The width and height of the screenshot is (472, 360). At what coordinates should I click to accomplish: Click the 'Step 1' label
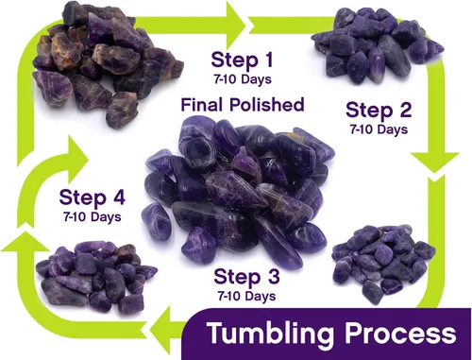[242, 60]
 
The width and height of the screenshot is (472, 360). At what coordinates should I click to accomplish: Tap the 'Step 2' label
[379, 110]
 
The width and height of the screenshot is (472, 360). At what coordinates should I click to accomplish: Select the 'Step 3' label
[246, 276]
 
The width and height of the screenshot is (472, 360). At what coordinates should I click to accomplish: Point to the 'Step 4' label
[92, 197]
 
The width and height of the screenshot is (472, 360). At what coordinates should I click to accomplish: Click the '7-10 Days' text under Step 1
[243, 79]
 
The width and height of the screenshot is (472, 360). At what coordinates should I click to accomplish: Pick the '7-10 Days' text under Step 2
[379, 129]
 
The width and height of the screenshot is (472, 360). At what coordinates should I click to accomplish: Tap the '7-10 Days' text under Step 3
[246, 296]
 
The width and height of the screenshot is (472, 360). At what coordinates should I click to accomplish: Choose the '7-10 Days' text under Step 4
[93, 217]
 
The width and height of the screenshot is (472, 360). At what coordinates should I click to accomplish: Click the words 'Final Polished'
[243, 105]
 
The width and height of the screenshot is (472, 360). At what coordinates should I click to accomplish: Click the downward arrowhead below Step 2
[435, 162]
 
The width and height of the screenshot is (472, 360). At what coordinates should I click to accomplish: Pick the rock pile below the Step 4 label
[96, 277]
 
